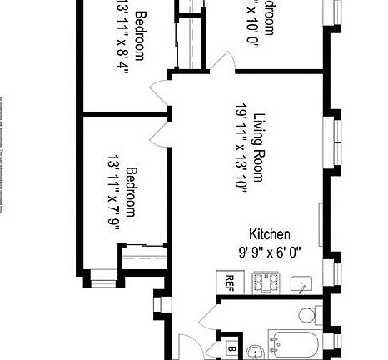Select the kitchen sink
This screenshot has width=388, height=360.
click(x=301, y=284)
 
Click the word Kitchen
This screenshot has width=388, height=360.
click(x=270, y=234)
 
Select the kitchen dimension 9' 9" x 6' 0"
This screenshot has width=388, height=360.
click(x=270, y=251)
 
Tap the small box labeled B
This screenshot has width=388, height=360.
click(x=231, y=348)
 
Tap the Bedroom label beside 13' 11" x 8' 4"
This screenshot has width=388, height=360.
click(x=140, y=35)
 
